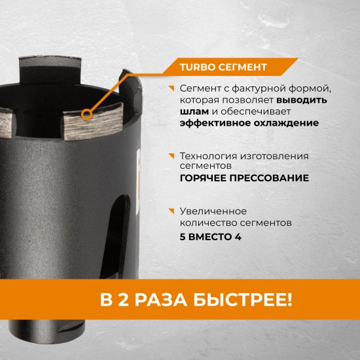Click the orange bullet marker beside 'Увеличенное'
tap(171, 210)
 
